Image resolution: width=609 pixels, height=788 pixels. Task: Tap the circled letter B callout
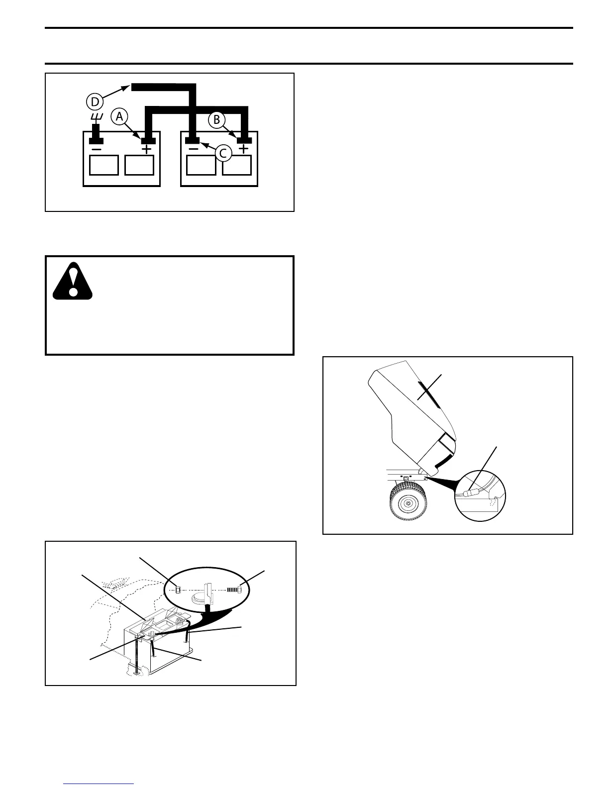(x=217, y=120)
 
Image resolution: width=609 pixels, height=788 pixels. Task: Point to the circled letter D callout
(x=95, y=101)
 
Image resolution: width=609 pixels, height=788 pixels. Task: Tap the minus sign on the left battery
(x=97, y=149)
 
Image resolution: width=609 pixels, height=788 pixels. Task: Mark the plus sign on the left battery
(x=147, y=149)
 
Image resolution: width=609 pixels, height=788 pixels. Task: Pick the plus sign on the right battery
(x=244, y=149)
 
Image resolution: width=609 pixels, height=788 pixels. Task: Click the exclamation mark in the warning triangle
(x=73, y=281)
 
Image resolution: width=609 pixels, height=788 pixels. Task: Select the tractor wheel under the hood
(x=407, y=503)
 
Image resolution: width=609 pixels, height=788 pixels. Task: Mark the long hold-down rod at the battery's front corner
(x=136, y=657)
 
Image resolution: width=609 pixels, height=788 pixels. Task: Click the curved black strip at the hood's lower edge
(x=442, y=460)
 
